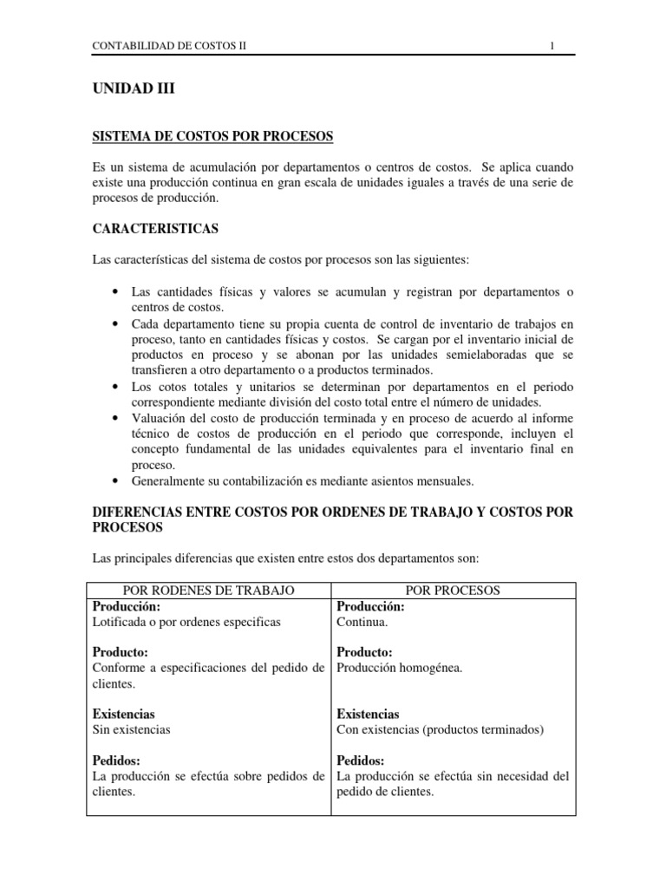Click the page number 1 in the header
[x=552, y=46]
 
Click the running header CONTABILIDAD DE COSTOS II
[x=170, y=46]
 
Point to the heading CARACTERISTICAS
[x=155, y=229]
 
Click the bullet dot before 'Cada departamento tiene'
[x=115, y=323]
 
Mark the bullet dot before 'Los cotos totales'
[x=115, y=387]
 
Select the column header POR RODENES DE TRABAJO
[x=210, y=591]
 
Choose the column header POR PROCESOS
[x=454, y=591]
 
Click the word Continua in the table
[x=363, y=622]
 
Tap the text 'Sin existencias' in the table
[x=132, y=729]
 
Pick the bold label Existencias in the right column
[x=368, y=714]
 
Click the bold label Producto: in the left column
[x=121, y=651]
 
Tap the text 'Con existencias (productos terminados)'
[x=440, y=729]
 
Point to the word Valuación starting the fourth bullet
[x=160, y=418]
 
